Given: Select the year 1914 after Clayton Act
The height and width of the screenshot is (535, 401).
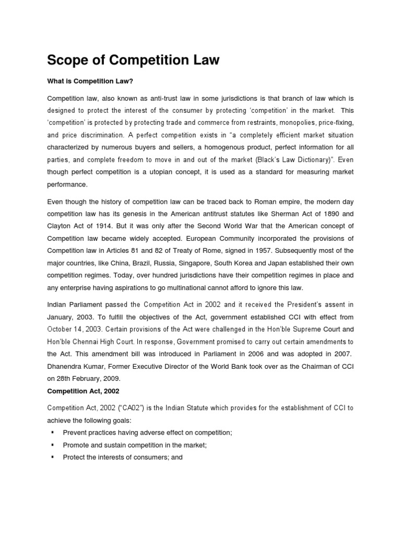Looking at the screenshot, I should tap(105, 226).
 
